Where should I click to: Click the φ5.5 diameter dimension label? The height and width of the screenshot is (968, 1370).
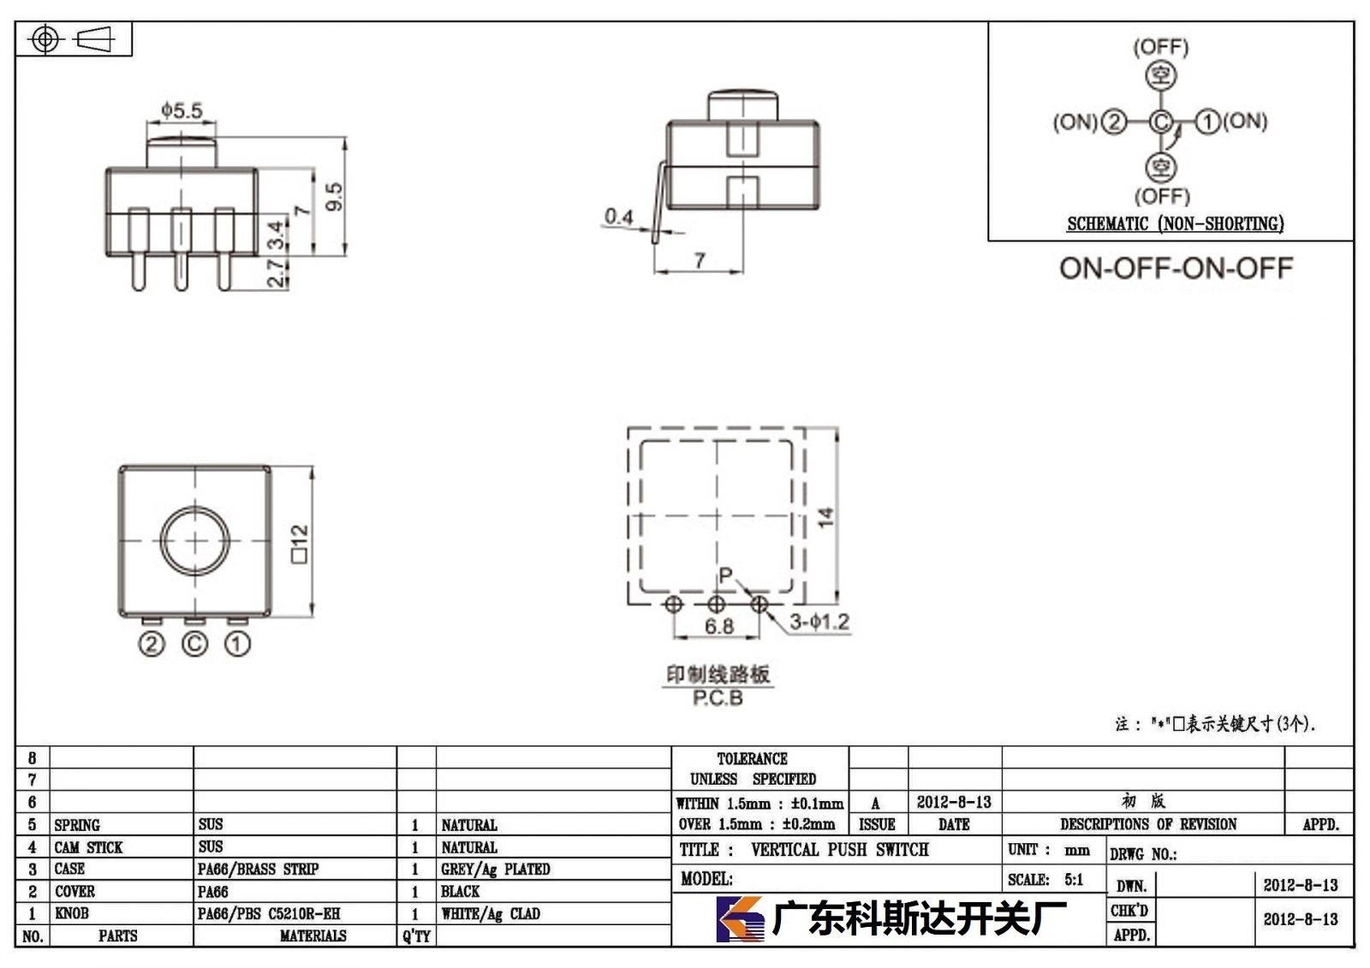pos(182,110)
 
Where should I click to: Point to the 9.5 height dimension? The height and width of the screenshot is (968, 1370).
pos(334,197)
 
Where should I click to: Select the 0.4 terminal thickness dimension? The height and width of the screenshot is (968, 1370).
pos(619,217)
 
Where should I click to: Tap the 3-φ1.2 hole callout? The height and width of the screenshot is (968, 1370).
pos(819,622)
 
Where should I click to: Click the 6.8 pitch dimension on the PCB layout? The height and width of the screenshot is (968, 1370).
pos(718,627)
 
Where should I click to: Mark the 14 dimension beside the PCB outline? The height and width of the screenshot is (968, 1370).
pos(825,517)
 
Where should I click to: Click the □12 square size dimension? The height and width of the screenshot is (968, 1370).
pos(300,543)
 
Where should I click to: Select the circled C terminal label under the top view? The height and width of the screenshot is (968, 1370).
pos(194,644)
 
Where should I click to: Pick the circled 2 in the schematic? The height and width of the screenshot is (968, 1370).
pos(1114,122)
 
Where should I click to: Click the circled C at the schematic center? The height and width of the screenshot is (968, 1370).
pos(1161,122)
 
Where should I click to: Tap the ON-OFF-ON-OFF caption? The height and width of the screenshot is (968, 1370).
pos(1176,269)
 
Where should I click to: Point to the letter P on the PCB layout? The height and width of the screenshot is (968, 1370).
pos(725,575)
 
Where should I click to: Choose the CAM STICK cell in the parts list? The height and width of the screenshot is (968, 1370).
pos(89,847)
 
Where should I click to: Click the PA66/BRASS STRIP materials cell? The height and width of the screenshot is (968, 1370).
pos(258,870)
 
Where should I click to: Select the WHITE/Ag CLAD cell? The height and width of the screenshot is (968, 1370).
pos(491,914)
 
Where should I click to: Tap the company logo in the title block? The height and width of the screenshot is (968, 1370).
pos(740,919)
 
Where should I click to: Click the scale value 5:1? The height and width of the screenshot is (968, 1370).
pos(1074,880)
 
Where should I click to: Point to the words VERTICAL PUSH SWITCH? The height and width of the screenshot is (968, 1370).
pos(840,850)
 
